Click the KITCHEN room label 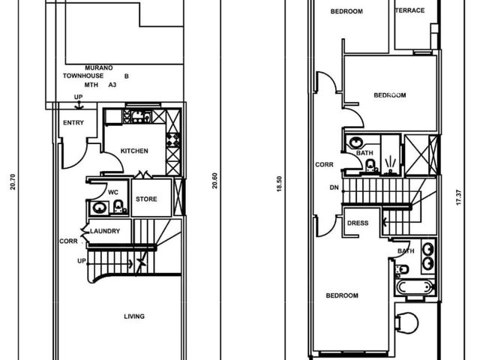pos(134,151)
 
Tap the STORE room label pos(146,199)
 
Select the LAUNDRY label pos(105,231)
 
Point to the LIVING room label pos(134,316)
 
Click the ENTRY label pos(73,123)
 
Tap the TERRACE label pos(410,10)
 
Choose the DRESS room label pos(358,223)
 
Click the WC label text pos(113,192)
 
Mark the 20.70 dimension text pos(13,181)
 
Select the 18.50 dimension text pos(279,184)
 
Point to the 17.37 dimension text pos(458,197)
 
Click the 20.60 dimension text pos(214,181)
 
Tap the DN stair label pos(334,187)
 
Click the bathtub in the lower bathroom pos(415,287)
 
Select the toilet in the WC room pos(118,206)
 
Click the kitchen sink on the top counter pos(141,116)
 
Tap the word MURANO pos(98,67)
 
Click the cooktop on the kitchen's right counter pos(173,139)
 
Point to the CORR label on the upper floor pos(324,165)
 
